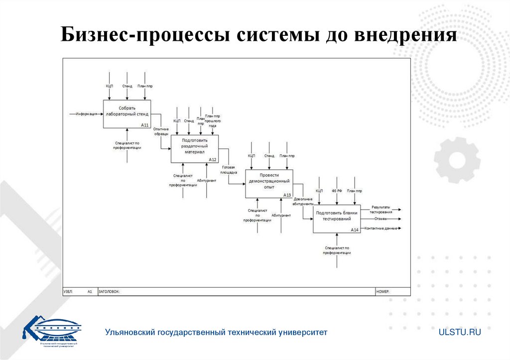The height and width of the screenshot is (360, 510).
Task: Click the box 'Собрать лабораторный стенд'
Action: click(127, 114)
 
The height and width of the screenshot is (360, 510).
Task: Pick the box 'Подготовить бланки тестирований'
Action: click(336, 219)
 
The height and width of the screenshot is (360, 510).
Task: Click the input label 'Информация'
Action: click(86, 114)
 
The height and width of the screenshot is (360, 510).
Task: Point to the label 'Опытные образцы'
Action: click(161, 132)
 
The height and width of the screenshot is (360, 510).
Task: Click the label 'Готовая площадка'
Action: click(229, 169)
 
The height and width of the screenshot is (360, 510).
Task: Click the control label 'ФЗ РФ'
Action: click(337, 191)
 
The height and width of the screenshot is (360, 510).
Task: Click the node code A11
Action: click(145, 125)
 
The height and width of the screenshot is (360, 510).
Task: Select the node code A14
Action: click(354, 230)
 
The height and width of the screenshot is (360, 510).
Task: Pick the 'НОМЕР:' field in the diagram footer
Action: click(383, 292)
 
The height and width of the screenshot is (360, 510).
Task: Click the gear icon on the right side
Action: click(457, 160)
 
